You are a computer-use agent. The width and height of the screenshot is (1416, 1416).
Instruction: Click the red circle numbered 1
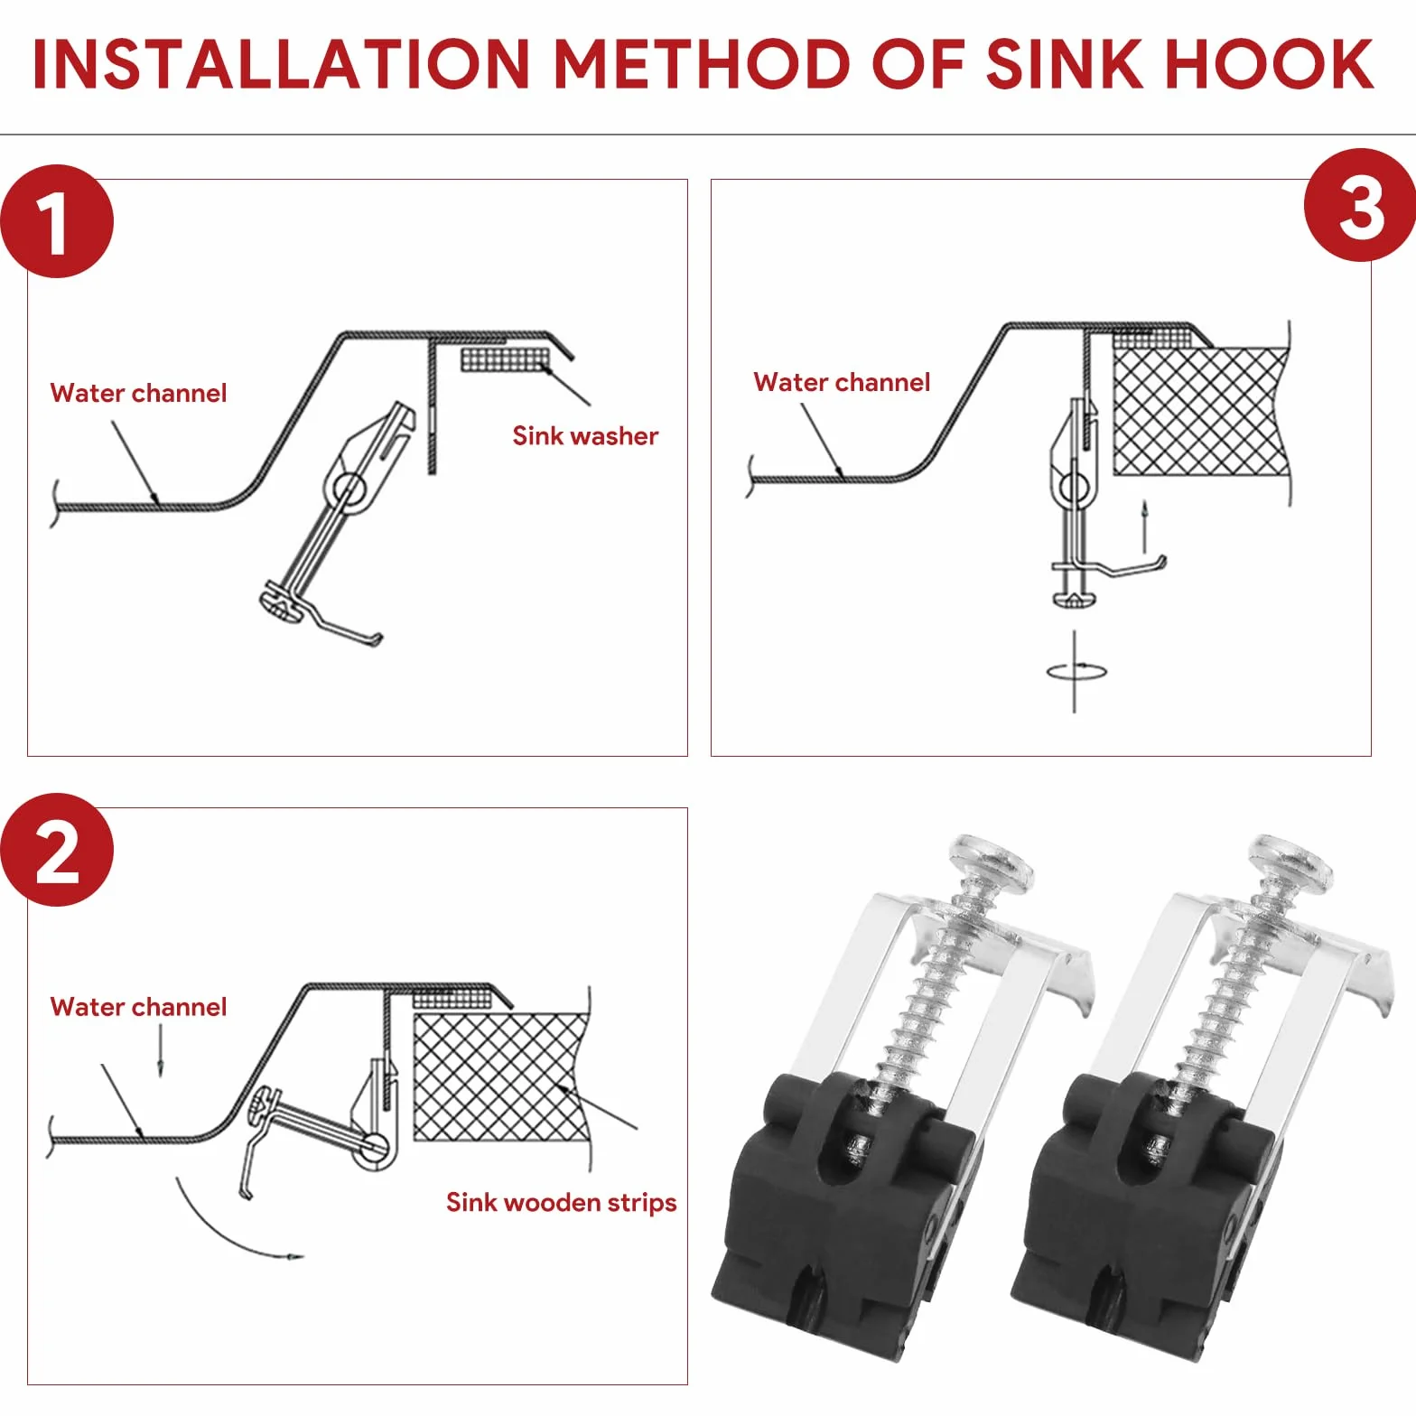[57, 221]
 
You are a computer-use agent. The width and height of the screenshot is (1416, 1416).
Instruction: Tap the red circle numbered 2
[57, 850]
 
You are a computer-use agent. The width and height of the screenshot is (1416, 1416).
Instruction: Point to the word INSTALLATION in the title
[281, 64]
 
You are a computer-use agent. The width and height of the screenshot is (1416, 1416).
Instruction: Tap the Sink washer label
[585, 436]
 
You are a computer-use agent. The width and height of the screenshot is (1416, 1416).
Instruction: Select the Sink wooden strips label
[561, 1202]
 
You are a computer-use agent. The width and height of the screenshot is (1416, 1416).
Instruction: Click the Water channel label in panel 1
[138, 393]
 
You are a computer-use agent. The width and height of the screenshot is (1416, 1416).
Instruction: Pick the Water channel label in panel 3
[842, 382]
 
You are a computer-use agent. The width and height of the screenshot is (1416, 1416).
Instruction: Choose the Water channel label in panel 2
[138, 1007]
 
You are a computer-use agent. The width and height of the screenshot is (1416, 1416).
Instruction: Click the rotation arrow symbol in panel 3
[1075, 671]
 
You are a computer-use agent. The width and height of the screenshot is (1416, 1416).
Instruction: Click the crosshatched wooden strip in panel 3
[1199, 411]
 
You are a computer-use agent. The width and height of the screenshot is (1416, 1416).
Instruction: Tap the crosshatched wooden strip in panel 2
[500, 1076]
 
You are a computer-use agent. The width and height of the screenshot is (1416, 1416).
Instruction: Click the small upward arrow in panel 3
[1144, 526]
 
